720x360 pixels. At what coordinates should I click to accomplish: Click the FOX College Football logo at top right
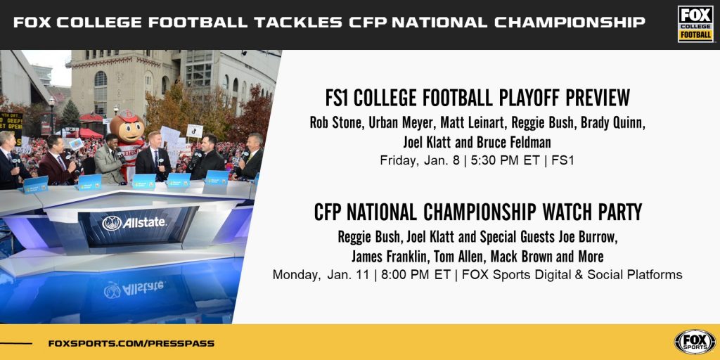pos(695,24)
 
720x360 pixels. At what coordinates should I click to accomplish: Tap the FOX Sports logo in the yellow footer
pos(695,342)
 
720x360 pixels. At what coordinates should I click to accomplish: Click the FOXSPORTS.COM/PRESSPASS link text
pos(131,343)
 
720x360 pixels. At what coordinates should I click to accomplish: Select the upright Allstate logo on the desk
pos(134,223)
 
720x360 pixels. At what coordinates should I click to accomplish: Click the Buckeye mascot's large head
pos(127,127)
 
